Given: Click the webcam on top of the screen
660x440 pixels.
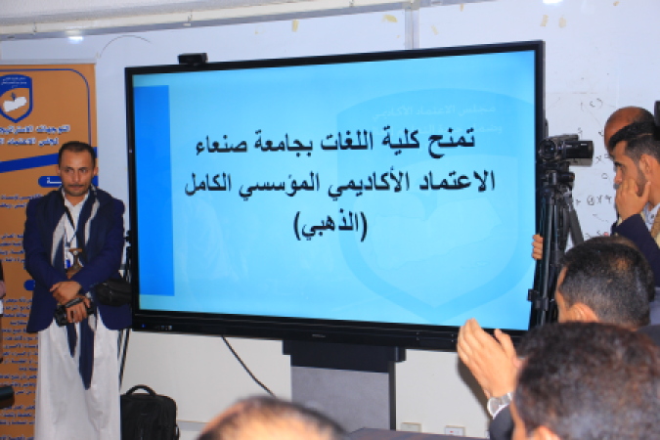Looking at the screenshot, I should [x=193, y=59].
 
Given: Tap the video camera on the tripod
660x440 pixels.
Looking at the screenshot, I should [x=565, y=150].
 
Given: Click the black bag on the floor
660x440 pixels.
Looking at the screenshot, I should [x=150, y=412].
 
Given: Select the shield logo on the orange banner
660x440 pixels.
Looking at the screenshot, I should [x=17, y=98].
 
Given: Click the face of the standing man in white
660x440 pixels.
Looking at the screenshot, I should [x=76, y=168].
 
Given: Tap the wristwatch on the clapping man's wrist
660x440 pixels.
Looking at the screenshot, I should [x=500, y=402].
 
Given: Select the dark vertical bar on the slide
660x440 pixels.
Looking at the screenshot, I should [x=155, y=191].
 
